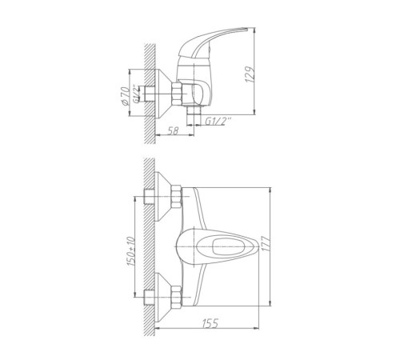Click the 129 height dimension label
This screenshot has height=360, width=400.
click(x=250, y=74)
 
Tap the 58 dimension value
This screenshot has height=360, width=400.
click(x=174, y=130)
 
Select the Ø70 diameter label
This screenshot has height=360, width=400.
click(x=124, y=96)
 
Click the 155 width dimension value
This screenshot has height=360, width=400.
click(x=210, y=323)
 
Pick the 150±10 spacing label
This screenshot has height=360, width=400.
click(x=130, y=251)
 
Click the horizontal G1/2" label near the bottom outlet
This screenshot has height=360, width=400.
click(x=218, y=122)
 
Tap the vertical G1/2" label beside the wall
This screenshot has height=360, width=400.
click(x=136, y=94)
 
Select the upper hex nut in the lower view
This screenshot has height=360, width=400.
click(x=176, y=197)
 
